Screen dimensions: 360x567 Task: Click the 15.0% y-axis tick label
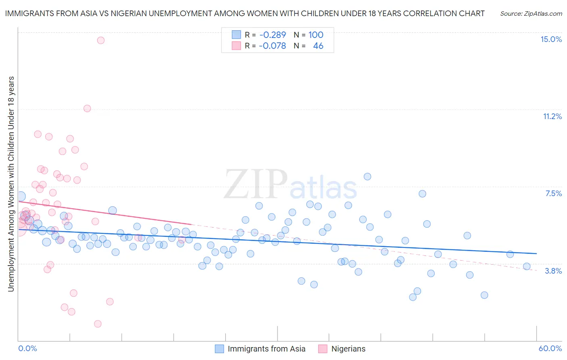pyautogui.click(x=551, y=39)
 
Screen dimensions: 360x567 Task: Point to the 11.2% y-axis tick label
pyautogui.click(x=552, y=116)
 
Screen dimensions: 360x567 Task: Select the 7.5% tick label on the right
pyautogui.click(x=553, y=193)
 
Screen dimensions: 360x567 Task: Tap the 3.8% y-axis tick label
pyautogui.click(x=553, y=271)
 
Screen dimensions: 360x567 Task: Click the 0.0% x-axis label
pyautogui.click(x=27, y=348)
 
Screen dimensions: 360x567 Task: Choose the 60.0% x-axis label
pyautogui.click(x=550, y=348)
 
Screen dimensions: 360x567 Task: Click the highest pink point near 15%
pyautogui.click(x=101, y=40)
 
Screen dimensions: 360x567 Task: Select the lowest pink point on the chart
pyautogui.click(x=98, y=324)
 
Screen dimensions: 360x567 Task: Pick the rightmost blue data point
pyautogui.click(x=527, y=266)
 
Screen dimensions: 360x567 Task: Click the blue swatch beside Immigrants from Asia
pyautogui.click(x=219, y=349)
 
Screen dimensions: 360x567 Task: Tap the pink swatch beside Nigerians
pyautogui.click(x=323, y=349)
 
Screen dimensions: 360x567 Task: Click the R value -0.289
pyautogui.click(x=273, y=35)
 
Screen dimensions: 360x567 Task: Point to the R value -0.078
pyautogui.click(x=273, y=46)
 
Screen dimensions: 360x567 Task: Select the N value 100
pyautogui.click(x=316, y=35)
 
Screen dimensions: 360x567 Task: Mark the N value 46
pyautogui.click(x=318, y=46)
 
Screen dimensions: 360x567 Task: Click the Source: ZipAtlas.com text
pyautogui.click(x=531, y=13)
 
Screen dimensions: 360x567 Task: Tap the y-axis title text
pyautogui.click(x=11, y=184)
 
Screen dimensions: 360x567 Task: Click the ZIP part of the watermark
pyautogui.click(x=255, y=185)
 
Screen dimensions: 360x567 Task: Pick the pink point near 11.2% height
pyautogui.click(x=87, y=109)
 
